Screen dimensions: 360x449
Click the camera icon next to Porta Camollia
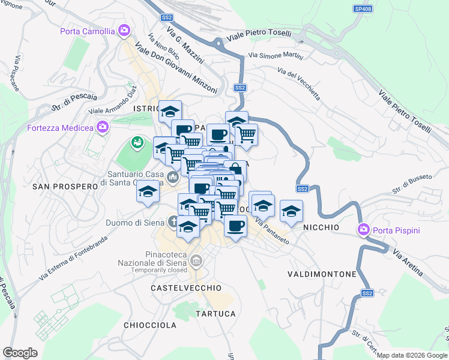click(x=125, y=30)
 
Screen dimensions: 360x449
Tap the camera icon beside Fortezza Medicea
click(x=103, y=127)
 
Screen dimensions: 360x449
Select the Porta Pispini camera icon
click(x=363, y=229)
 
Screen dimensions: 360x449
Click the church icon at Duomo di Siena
click(x=173, y=223)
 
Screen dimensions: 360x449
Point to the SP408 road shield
click(x=362, y=9)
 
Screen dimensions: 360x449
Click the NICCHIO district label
click(x=321, y=227)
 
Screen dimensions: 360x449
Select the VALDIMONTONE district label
click(x=322, y=274)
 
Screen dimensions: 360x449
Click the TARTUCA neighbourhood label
click(x=215, y=314)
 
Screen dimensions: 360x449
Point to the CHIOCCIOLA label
click(x=149, y=325)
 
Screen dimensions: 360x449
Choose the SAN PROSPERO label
click(x=65, y=187)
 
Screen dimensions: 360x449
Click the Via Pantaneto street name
click(x=272, y=232)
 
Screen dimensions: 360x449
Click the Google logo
click(x=20, y=352)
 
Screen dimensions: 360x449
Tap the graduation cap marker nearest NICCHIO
click(x=291, y=211)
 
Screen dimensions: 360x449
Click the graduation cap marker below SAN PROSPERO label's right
click(x=147, y=193)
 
